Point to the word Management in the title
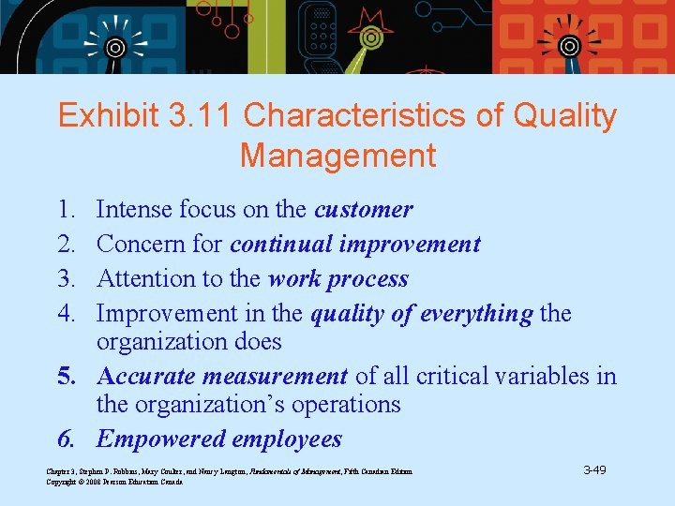click(337, 156)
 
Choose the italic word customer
click(363, 209)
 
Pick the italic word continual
click(280, 244)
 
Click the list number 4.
click(67, 313)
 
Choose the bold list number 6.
click(67, 439)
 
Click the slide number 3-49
click(593, 469)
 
